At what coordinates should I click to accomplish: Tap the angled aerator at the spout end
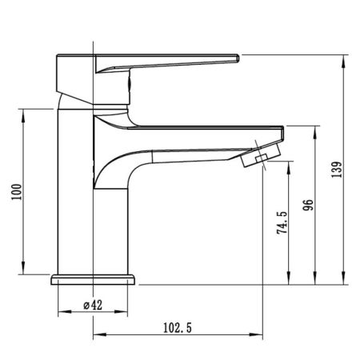coord(259,154)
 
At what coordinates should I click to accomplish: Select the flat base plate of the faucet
coord(95,280)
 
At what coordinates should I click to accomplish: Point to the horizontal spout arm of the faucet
coord(192,130)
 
